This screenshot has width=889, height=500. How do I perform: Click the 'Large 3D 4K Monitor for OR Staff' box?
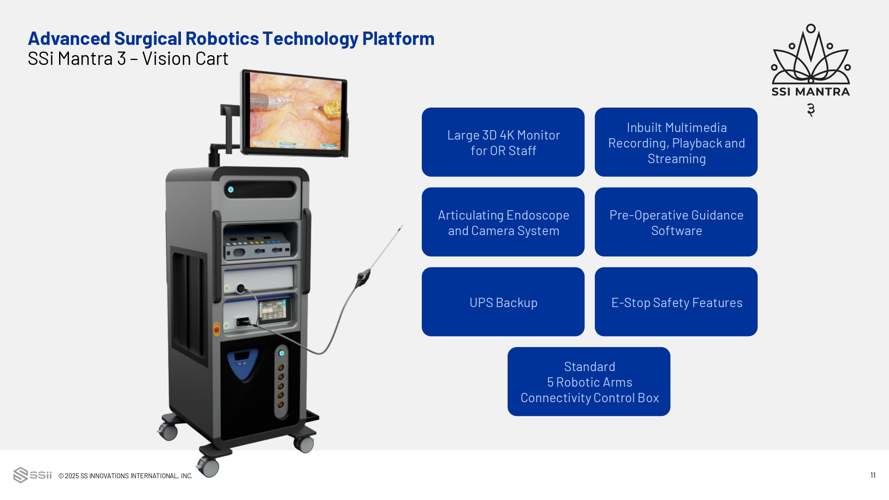(503, 142)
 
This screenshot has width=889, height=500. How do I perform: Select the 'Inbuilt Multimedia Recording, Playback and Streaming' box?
(676, 142)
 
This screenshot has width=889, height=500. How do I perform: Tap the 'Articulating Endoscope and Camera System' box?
(503, 222)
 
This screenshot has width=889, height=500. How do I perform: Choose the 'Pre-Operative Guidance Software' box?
(676, 222)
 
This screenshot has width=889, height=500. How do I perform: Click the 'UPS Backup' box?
(503, 302)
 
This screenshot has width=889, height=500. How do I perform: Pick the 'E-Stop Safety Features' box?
(676, 302)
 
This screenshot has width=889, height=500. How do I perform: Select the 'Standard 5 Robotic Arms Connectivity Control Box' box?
(589, 382)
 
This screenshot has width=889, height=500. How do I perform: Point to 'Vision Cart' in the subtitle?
(185, 59)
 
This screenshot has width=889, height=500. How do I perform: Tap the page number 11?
(873, 476)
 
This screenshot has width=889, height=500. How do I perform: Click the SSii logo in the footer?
(32, 475)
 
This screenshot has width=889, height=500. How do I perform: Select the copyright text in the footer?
(125, 476)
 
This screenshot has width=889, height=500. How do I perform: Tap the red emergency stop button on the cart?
(217, 329)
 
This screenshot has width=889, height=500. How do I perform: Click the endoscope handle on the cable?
(363, 278)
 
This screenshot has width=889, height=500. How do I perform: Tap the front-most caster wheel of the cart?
(208, 467)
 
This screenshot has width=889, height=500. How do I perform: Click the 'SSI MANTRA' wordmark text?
(811, 92)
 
